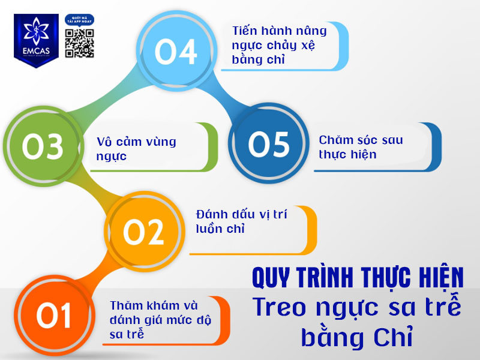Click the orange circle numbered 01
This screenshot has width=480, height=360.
point(53,316)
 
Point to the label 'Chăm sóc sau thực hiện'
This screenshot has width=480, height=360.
point(361,147)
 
